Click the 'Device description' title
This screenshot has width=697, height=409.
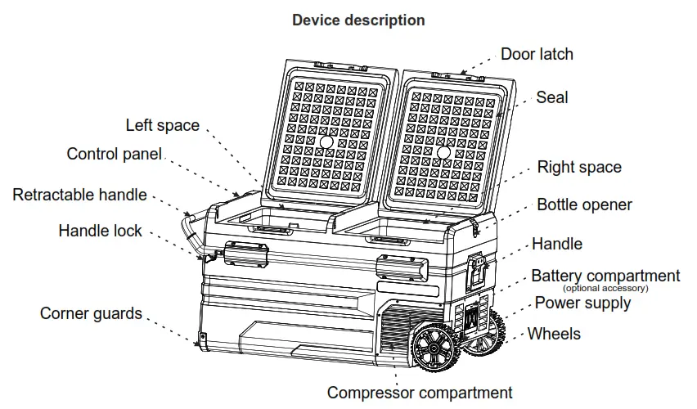[x=358, y=20]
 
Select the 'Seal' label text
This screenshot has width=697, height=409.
[x=551, y=97]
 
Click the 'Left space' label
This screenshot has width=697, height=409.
[x=162, y=125]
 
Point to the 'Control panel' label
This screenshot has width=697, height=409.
[x=114, y=154]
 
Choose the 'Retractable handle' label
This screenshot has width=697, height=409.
[x=79, y=195]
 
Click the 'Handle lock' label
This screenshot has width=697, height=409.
[x=100, y=231]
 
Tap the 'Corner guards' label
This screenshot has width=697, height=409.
[x=91, y=313]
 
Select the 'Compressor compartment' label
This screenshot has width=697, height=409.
[x=420, y=393]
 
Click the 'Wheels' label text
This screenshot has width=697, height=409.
[x=554, y=334]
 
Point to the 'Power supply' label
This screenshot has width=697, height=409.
[x=582, y=303]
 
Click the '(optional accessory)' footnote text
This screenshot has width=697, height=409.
[x=605, y=288]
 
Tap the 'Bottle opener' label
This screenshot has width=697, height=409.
[x=584, y=204]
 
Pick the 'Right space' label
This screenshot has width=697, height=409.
[x=579, y=168]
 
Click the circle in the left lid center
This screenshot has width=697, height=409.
[x=326, y=142]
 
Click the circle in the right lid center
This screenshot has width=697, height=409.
[x=443, y=153]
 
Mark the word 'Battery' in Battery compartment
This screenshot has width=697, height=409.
[x=557, y=276]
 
